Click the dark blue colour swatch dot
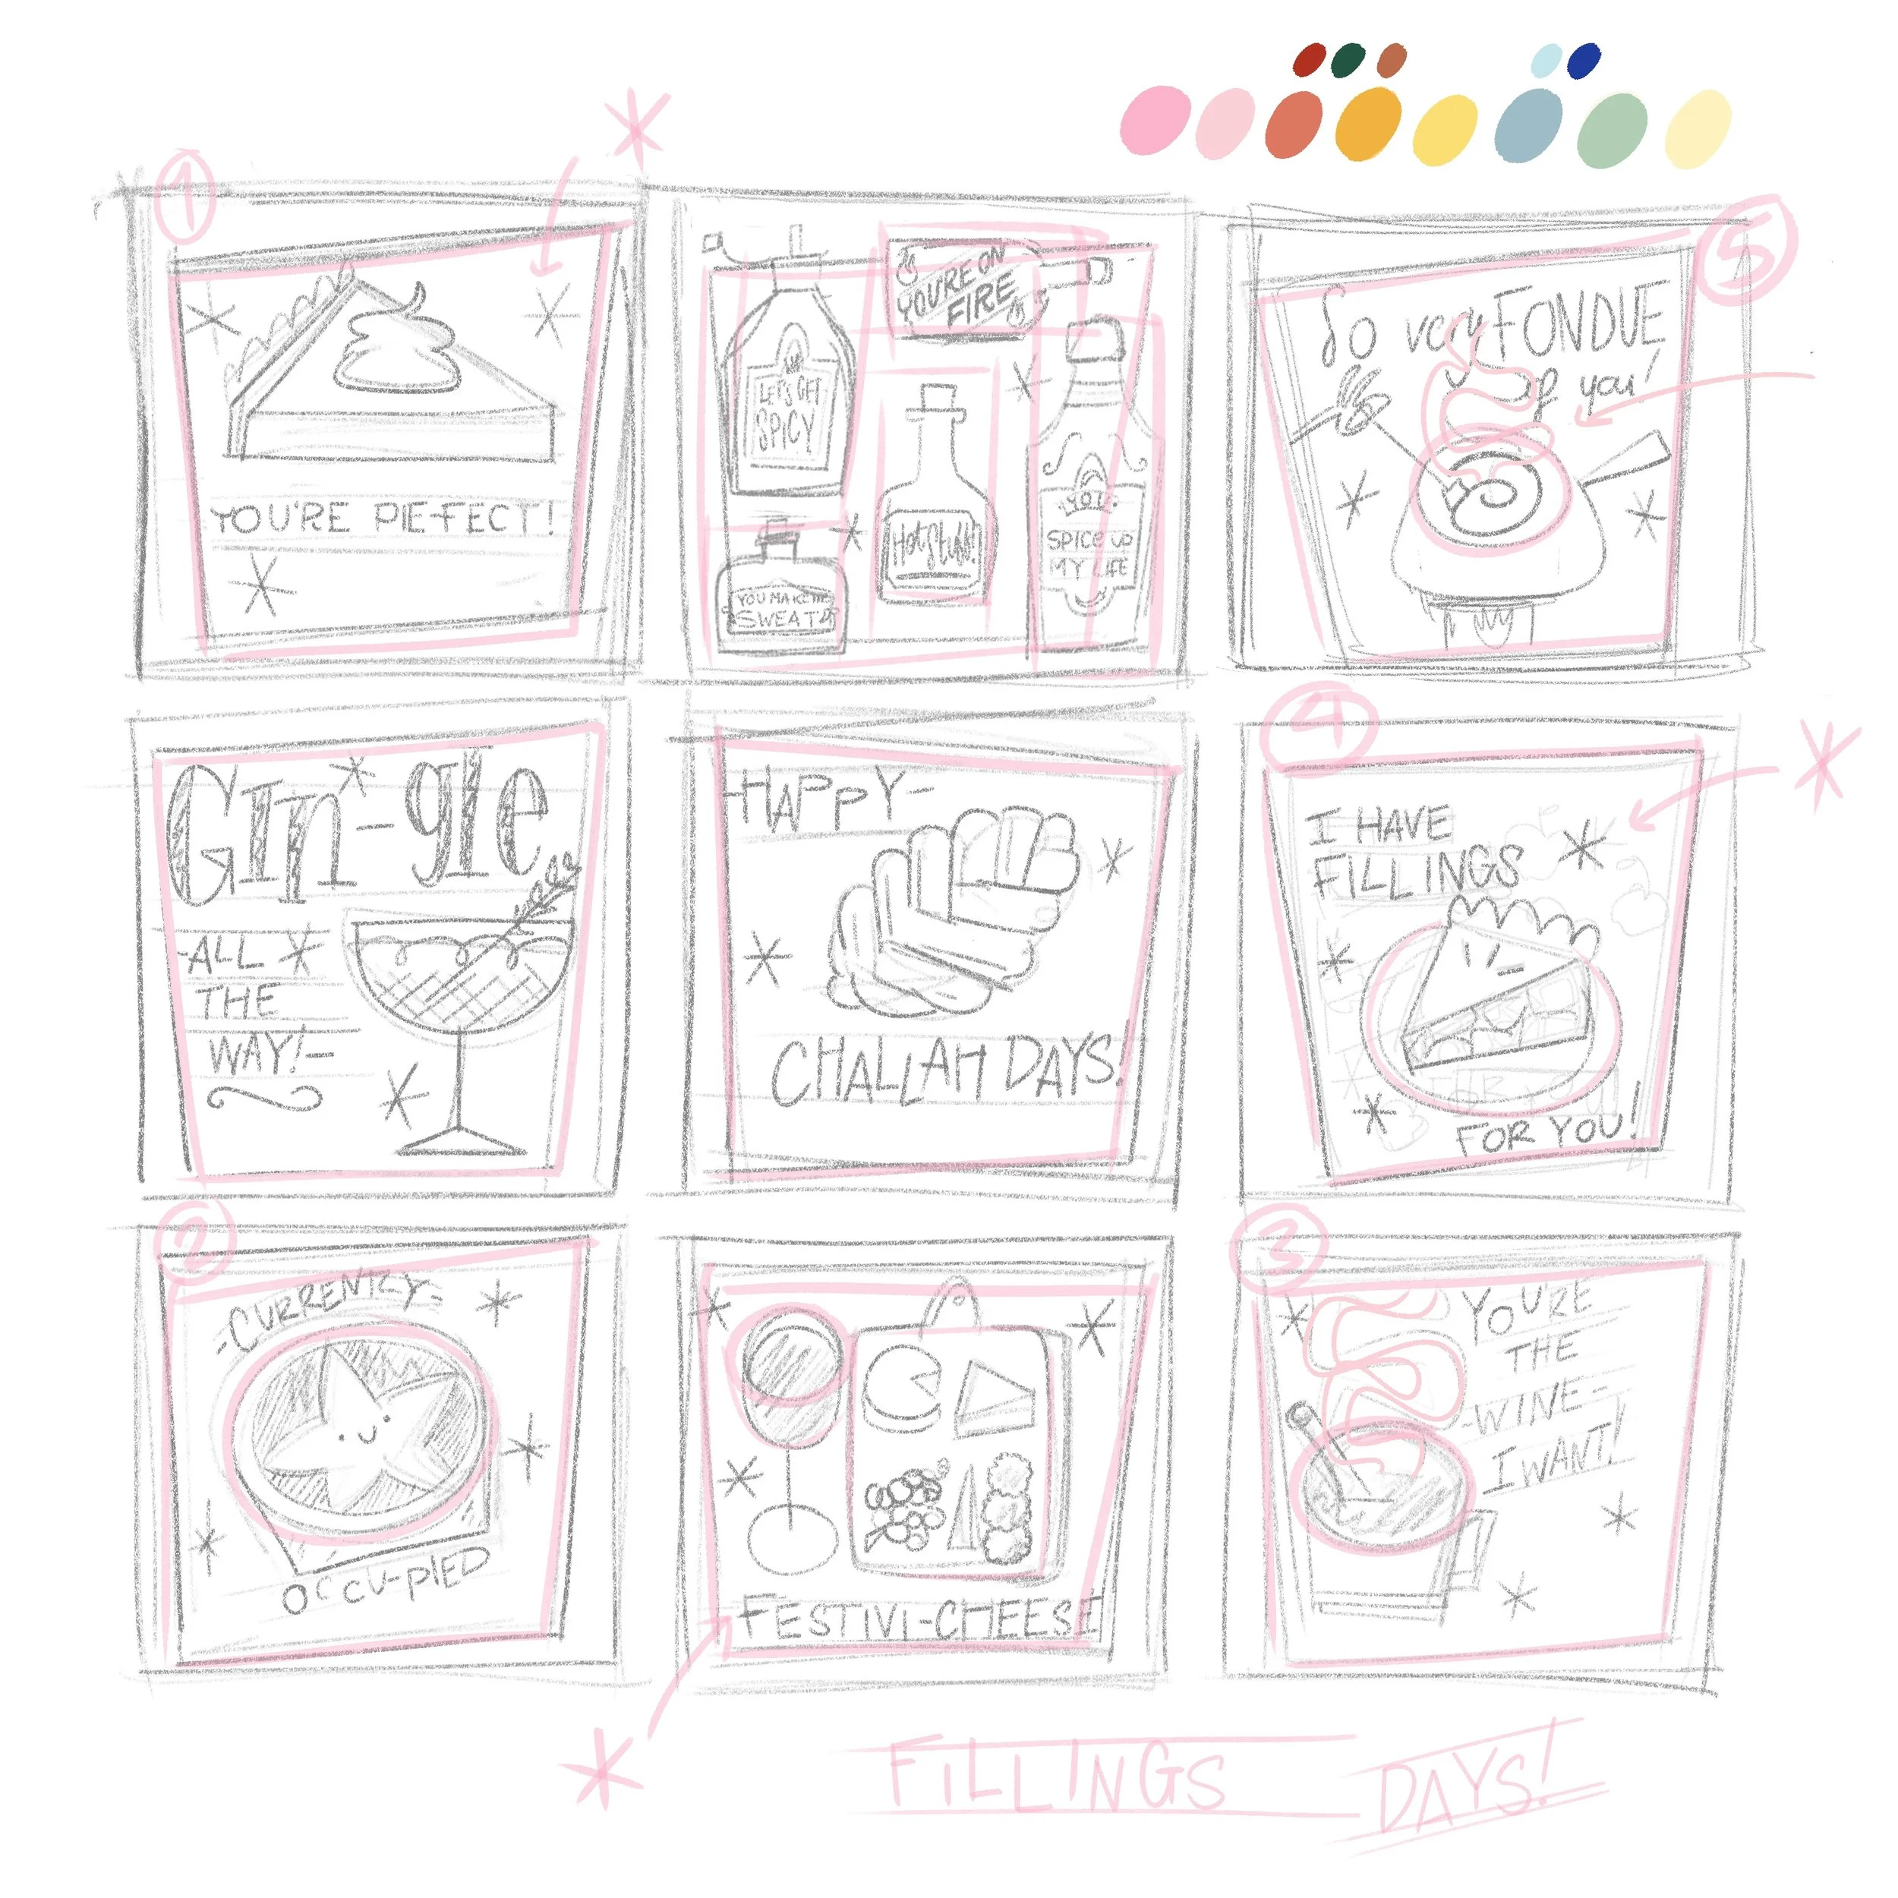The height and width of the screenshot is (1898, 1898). (x=1584, y=60)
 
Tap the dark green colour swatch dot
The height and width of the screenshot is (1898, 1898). (x=1349, y=59)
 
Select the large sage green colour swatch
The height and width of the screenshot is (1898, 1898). (x=1612, y=131)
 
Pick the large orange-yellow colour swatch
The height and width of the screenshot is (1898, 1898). (x=1369, y=123)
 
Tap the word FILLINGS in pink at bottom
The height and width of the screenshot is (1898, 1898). (x=1056, y=1774)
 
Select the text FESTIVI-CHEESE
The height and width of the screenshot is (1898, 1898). (x=919, y=1620)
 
